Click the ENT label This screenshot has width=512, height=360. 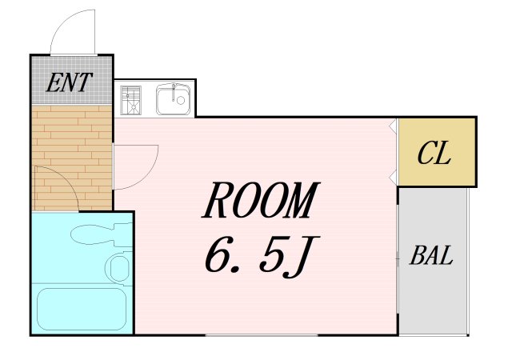[x=70, y=82]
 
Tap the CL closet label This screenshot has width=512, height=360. [x=434, y=153]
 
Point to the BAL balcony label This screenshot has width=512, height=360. [x=431, y=255]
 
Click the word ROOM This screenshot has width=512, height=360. [x=260, y=200]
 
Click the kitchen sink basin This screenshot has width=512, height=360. [x=173, y=99]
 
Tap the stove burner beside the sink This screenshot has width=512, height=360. [x=130, y=100]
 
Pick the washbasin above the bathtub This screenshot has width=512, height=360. [x=118, y=266]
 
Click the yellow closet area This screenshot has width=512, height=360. [x=437, y=152]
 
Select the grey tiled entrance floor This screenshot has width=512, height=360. [x=71, y=80]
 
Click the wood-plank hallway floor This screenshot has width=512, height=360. [x=72, y=158]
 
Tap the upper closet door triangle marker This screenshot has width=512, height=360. [x=393, y=125]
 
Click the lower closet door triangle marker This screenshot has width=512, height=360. [x=393, y=177]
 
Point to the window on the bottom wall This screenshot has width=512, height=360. [x=262, y=335]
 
